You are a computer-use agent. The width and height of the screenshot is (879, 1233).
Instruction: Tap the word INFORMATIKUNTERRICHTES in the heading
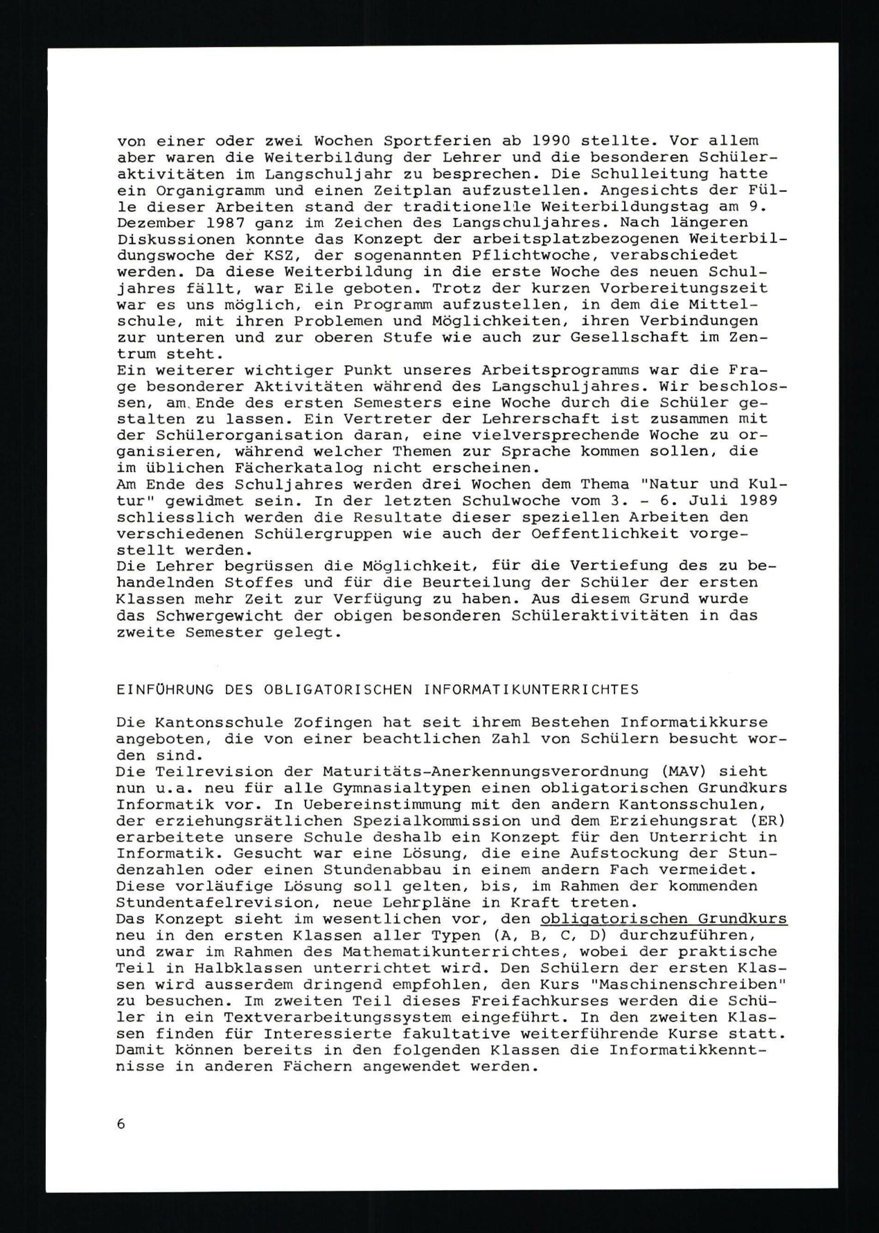[x=531, y=690]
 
